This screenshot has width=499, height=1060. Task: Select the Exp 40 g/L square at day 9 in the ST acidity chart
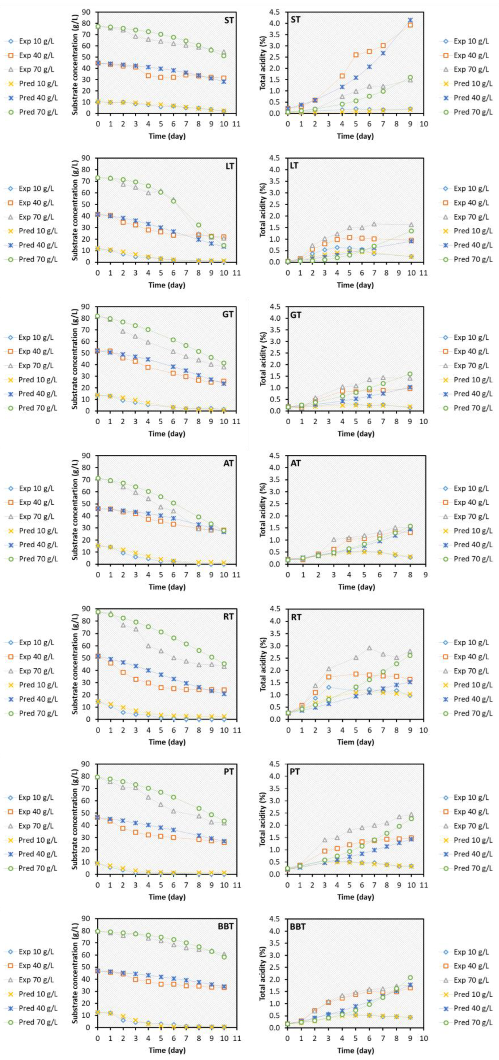point(410,25)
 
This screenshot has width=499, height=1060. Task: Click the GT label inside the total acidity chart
point(296,315)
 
